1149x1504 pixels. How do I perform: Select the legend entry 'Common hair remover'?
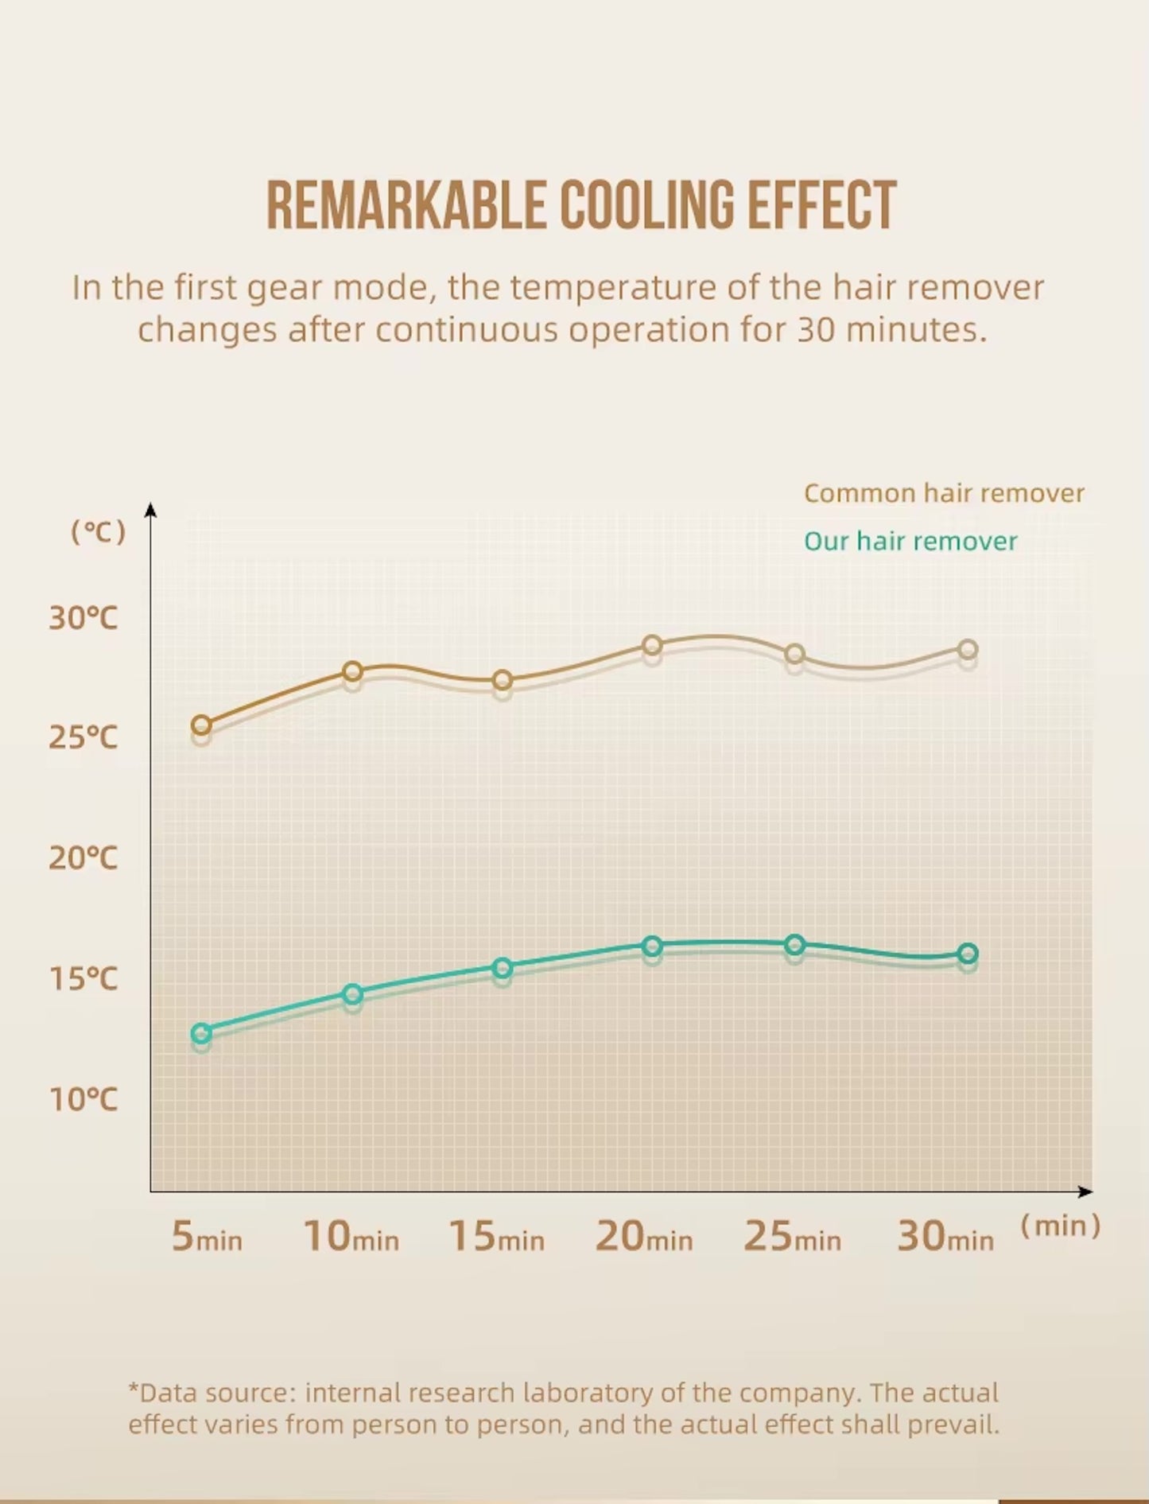coord(944,493)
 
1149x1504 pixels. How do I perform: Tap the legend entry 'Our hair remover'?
coord(910,541)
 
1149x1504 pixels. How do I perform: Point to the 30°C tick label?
coord(83,617)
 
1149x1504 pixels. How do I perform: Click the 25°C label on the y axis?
coord(83,737)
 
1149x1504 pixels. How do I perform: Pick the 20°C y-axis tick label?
coord(83,857)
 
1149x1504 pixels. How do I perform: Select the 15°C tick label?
coord(83,978)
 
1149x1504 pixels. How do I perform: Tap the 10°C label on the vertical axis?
coord(83,1099)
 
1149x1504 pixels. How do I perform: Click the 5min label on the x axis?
coord(207,1237)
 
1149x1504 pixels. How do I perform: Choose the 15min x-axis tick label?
coord(497,1237)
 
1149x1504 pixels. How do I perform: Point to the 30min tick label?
coord(945,1237)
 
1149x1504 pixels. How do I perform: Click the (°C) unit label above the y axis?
coord(99,531)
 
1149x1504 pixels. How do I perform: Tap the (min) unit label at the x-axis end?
coord(1061,1226)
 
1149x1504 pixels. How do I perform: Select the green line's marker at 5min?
coord(202,1033)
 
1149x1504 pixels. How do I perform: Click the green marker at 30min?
coord(968,954)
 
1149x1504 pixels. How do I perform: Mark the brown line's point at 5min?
coord(202,725)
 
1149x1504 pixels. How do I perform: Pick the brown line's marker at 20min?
coord(652,645)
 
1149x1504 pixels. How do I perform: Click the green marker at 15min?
coord(502,968)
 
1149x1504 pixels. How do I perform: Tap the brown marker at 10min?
coord(352,671)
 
